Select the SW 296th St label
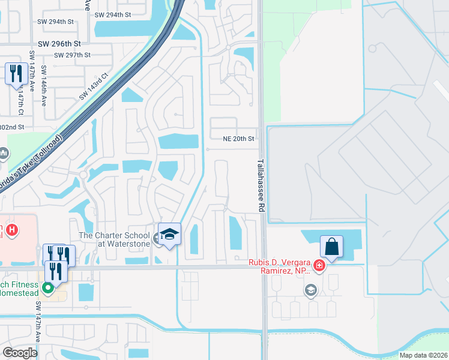coord(59,44)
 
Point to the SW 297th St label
coord(72,55)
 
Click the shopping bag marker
coord(331,247)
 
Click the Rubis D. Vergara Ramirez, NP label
coord(280,267)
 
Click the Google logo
coord(19,353)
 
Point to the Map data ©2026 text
coord(423,355)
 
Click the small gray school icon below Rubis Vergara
coord(310,291)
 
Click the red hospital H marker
coord(11,230)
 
